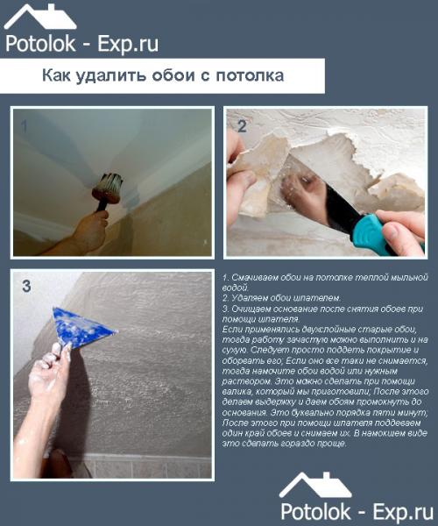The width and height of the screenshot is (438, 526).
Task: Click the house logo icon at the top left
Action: click(39, 17)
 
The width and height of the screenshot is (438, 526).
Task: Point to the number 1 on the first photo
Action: click(24, 126)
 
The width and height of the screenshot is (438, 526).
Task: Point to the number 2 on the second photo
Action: click(242, 125)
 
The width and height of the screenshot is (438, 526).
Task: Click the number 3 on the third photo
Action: click(26, 286)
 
